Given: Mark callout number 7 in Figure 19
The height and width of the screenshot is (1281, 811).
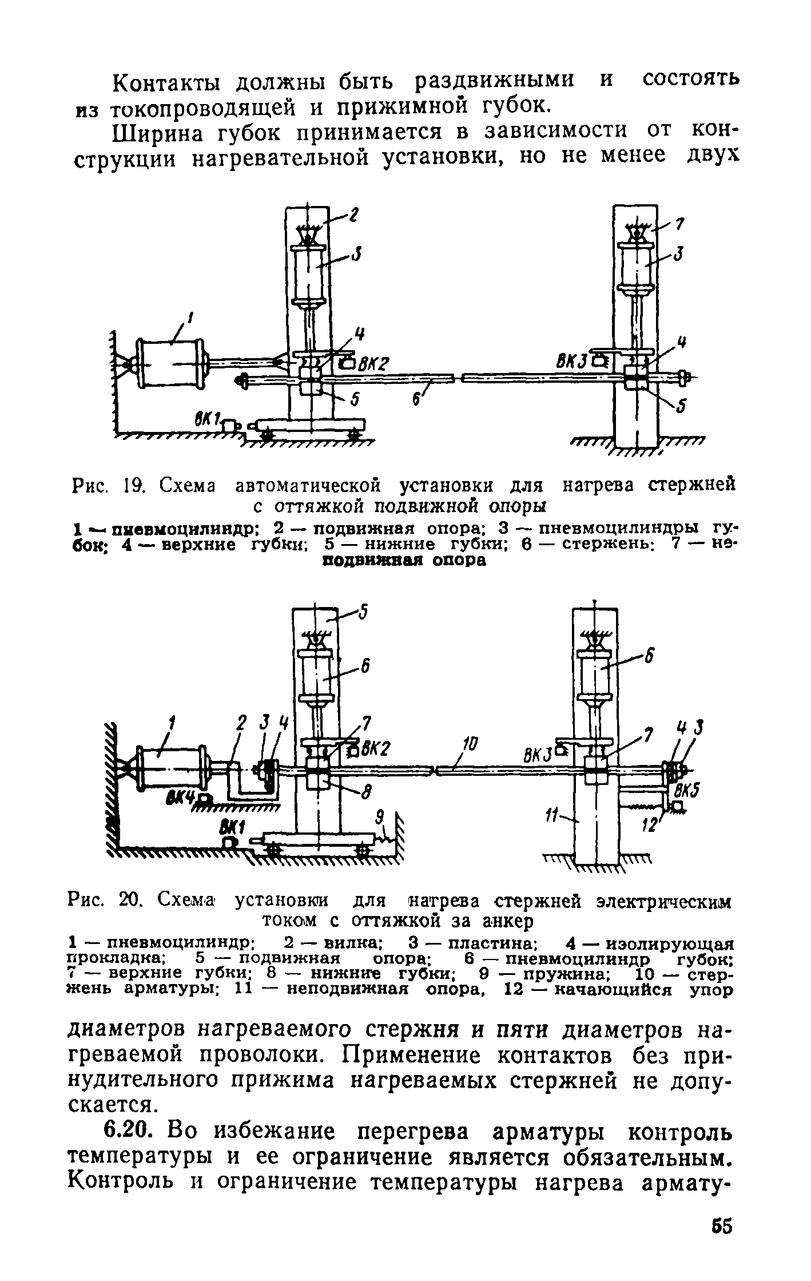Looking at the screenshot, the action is [x=679, y=224].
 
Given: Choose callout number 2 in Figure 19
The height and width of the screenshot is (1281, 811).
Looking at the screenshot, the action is [x=354, y=215].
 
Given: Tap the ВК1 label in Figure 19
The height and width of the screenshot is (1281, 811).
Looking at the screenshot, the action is [x=206, y=421].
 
